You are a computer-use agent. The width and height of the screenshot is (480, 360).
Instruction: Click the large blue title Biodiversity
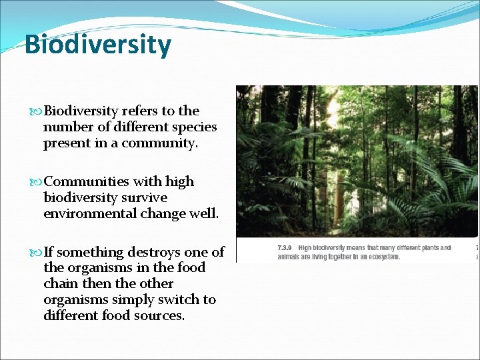coord(97,45)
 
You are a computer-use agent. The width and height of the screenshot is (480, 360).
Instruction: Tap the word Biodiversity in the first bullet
coord(81,111)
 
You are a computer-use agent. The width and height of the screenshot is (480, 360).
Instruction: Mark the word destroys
coord(157,252)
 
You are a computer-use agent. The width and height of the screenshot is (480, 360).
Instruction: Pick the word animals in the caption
coord(289,257)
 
